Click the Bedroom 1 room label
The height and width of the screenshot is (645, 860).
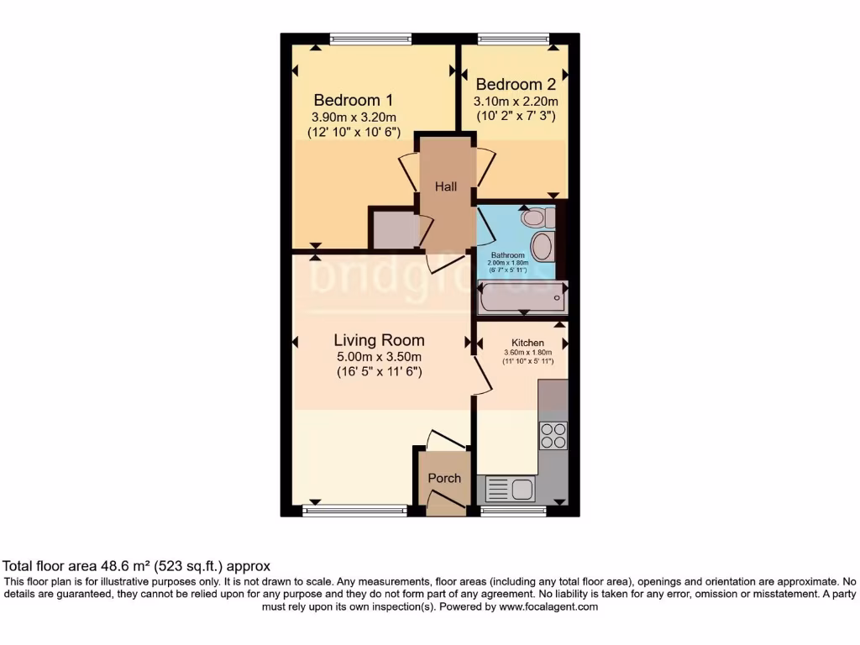click(x=354, y=99)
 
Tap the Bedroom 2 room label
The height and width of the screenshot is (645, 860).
click(x=516, y=84)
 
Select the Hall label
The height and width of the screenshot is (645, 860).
click(x=446, y=186)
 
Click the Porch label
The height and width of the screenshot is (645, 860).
click(x=444, y=478)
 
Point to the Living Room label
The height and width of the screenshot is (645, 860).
click(x=379, y=340)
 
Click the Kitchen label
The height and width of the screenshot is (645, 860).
click(x=528, y=343)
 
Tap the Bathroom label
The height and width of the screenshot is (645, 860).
click(x=508, y=255)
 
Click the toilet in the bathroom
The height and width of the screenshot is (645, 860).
click(x=536, y=218)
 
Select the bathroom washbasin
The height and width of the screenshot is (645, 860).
click(x=543, y=247)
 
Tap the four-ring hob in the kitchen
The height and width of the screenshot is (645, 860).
click(x=553, y=435)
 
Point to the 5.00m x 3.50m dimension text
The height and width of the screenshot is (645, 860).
click(x=379, y=356)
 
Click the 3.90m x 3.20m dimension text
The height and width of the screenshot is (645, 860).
click(x=354, y=117)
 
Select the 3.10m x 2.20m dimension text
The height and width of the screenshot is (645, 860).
click(x=516, y=101)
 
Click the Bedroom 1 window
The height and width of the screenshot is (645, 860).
click(x=370, y=38)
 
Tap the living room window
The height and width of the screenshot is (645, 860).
click(x=354, y=508)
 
